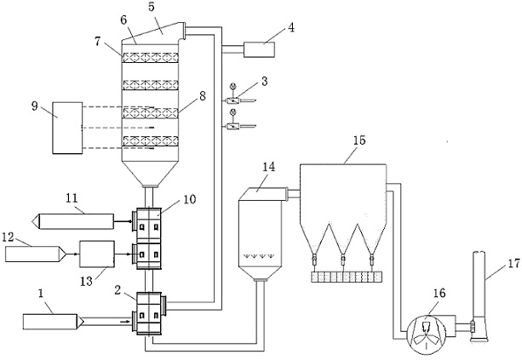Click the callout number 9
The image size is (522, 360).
pyautogui.click(x=35, y=108)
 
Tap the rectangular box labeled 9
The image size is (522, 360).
pyautogui.click(x=67, y=128)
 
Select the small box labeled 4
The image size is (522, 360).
pyautogui.click(x=259, y=49)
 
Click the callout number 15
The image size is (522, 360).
pyautogui.click(x=359, y=140)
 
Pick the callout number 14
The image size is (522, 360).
pyautogui.click(x=269, y=167)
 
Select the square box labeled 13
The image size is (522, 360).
pyautogui.click(x=96, y=254)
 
